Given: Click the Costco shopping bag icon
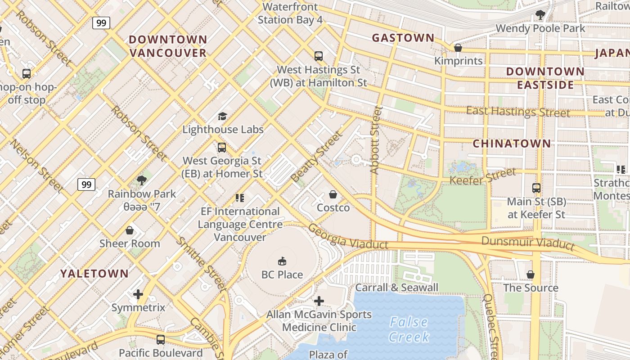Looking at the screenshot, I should coord(333,194).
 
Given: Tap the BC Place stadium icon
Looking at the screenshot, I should coord(282,261).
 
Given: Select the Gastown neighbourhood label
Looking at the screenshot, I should coord(403,38).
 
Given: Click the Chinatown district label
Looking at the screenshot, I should coord(512,144).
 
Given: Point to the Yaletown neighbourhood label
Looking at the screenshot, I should coord(94,273).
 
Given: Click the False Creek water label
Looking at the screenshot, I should coord(409,329).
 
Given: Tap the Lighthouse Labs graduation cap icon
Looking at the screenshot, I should coord(222,117).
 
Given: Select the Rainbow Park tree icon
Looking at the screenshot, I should coord(142,181).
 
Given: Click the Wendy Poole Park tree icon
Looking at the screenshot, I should coord(540,15).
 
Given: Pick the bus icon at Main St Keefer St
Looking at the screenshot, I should coord(536,188).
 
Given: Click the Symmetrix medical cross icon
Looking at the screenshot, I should coord(138,295).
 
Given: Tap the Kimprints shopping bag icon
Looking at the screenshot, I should coord(458,48).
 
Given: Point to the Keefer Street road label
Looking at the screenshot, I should coord(483,176).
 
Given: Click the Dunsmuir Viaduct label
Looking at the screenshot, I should coord(528,243).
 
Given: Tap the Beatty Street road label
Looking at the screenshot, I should coord(316,157).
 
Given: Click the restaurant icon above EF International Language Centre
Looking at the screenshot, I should coord(239,198).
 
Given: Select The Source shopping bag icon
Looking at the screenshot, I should coord(531,274).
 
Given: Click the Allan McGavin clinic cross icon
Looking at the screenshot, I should coord(319,301).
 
